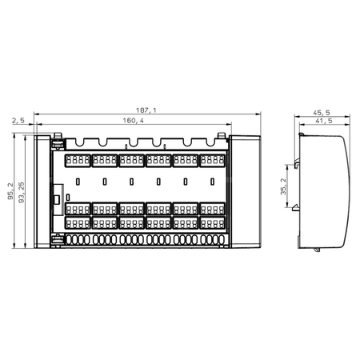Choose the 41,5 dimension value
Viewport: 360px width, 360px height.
tap(324, 122)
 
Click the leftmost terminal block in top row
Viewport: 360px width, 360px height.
tap(78, 161)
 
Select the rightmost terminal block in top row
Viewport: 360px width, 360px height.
tap(212, 161)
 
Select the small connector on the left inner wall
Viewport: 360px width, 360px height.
tap(57, 195)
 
